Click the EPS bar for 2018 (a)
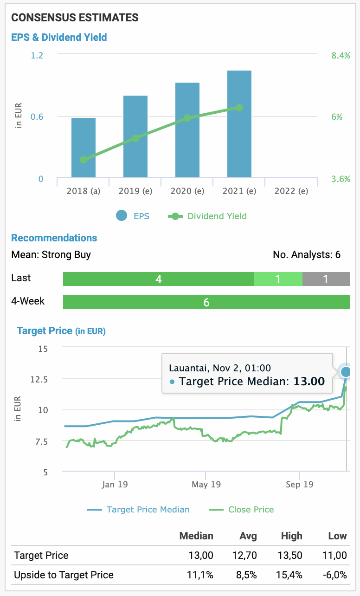84,148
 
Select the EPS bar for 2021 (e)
239,124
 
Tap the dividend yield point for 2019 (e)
135,138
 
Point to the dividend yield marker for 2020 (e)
187,118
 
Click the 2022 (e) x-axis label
291,191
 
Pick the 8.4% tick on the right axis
341,56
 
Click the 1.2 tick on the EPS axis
37,56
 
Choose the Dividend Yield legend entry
208,216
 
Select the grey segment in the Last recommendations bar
326,279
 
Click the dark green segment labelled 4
159,279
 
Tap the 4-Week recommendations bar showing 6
206,302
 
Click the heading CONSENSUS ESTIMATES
75,18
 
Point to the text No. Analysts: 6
307,254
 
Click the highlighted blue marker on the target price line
346,372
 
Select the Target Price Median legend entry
139,509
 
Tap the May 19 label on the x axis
206,485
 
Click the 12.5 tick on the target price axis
39,379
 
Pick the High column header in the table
291,536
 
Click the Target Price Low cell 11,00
334,555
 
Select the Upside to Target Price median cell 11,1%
200,575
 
